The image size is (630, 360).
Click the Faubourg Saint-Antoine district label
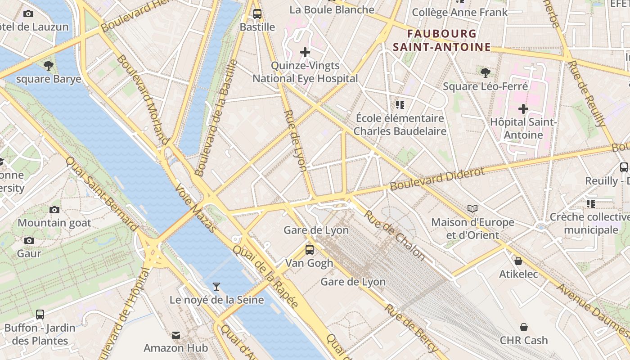point(441,40)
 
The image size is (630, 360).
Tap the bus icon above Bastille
point(257,13)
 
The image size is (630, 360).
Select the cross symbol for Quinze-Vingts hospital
point(305,52)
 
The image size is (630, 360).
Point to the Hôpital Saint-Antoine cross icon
point(523,109)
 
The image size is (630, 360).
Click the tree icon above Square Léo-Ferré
point(485,72)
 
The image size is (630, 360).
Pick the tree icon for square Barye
point(49,66)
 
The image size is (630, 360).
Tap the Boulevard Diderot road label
point(437,179)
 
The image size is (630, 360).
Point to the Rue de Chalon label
point(394,235)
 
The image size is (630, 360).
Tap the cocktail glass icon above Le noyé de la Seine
point(216,286)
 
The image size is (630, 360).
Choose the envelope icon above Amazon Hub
point(176,335)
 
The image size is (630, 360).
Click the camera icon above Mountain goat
point(54,210)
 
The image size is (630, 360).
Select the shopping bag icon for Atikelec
point(518,261)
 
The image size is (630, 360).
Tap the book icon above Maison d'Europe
point(472,208)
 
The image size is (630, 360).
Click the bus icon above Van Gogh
point(309,249)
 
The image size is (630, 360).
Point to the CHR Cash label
point(524,340)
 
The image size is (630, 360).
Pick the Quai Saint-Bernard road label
point(101,193)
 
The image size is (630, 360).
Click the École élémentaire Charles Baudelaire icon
point(400,105)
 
